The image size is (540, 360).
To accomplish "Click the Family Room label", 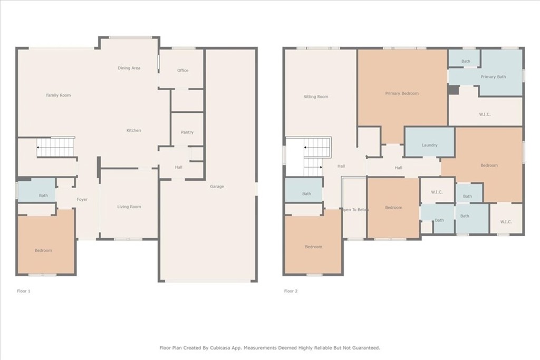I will (58, 95).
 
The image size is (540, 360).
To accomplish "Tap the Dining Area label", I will (129, 68).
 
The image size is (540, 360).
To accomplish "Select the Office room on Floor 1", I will (182, 71).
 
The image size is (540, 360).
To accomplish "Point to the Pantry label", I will (187, 132).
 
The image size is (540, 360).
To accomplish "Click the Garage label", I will (217, 187).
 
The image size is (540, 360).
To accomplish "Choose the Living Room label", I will (129, 207).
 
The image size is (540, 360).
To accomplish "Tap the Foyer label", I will (82, 199).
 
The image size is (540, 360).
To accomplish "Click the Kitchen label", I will (133, 130).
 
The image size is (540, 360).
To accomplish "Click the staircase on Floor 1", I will (55, 147).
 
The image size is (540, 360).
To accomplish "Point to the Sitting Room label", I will (315, 96).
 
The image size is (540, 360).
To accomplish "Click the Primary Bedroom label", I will (401, 93).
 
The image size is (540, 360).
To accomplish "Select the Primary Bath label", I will (493, 77).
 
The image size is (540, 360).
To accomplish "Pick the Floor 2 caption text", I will (291, 291).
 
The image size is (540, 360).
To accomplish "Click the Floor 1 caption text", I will (24, 291).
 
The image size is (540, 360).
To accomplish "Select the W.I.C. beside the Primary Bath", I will (485, 114).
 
